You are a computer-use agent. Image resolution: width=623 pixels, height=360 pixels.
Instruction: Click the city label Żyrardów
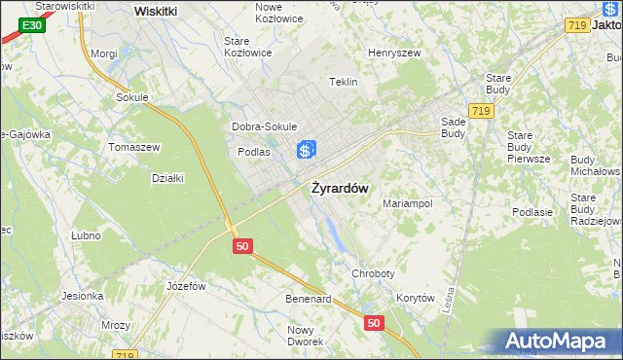click(x=340, y=189)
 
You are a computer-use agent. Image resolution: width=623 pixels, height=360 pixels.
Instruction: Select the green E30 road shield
click(x=32, y=24)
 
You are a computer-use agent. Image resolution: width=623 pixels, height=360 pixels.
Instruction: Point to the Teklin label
click(x=345, y=82)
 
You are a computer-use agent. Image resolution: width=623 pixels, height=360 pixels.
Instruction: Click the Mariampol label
click(x=407, y=204)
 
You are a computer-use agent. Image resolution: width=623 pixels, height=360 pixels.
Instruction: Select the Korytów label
click(x=416, y=299)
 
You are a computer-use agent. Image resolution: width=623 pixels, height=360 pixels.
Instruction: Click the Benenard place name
click(x=308, y=299)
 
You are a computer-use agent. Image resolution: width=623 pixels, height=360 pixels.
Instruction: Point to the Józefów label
click(x=186, y=286)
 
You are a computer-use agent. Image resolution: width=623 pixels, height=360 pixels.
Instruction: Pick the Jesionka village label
click(x=83, y=296)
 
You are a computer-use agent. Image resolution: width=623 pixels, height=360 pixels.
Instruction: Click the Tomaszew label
click(x=133, y=147)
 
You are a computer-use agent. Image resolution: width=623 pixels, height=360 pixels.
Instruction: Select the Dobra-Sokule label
click(x=264, y=126)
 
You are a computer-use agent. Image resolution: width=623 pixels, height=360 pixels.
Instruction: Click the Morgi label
click(x=104, y=54)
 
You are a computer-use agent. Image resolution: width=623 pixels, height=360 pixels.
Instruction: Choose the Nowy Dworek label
click(x=306, y=335)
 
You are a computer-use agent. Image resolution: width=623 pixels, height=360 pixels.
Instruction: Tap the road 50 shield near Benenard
click(x=374, y=321)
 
